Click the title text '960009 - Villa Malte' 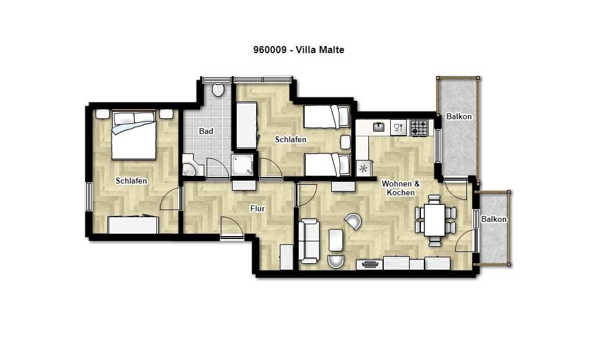[x=299, y=50]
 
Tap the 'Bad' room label [x=206, y=131]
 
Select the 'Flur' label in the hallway [x=257, y=208]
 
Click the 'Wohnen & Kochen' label [x=400, y=188]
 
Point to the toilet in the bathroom [x=218, y=89]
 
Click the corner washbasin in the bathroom [x=188, y=168]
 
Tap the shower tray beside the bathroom [x=243, y=165]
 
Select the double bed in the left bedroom [x=133, y=135]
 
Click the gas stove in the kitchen [x=419, y=127]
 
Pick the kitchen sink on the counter [x=378, y=127]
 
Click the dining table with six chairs [x=434, y=220]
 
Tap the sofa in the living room [x=309, y=241]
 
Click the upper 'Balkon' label [x=459, y=117]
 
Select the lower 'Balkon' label [x=494, y=220]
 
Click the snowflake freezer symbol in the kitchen [x=363, y=168]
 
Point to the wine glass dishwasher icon [x=398, y=127]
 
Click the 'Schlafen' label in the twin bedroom [x=290, y=140]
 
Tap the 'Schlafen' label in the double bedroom [x=131, y=181]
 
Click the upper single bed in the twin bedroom [x=326, y=117]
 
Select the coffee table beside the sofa [x=336, y=240]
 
